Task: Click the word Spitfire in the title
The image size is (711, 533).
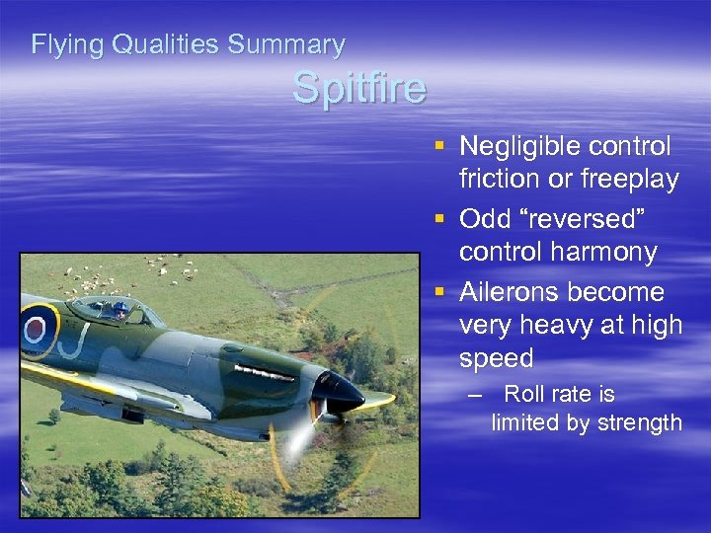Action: click(359, 89)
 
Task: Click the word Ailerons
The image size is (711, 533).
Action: click(512, 293)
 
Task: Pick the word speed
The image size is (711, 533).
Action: click(496, 358)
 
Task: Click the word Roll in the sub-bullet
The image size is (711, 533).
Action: click(524, 395)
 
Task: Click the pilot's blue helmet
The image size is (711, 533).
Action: click(121, 309)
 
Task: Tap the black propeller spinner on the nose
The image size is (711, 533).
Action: click(343, 391)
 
